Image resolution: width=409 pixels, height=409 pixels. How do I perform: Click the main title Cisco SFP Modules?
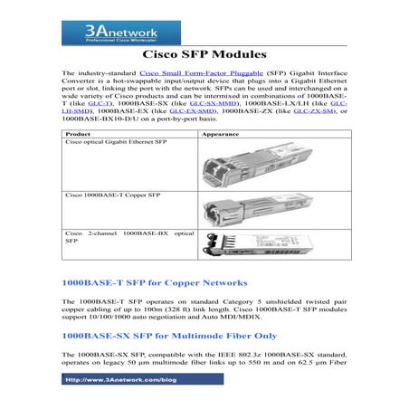point(204,55)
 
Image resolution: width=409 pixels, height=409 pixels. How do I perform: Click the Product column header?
point(80,134)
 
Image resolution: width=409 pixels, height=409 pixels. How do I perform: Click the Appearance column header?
point(214,134)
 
